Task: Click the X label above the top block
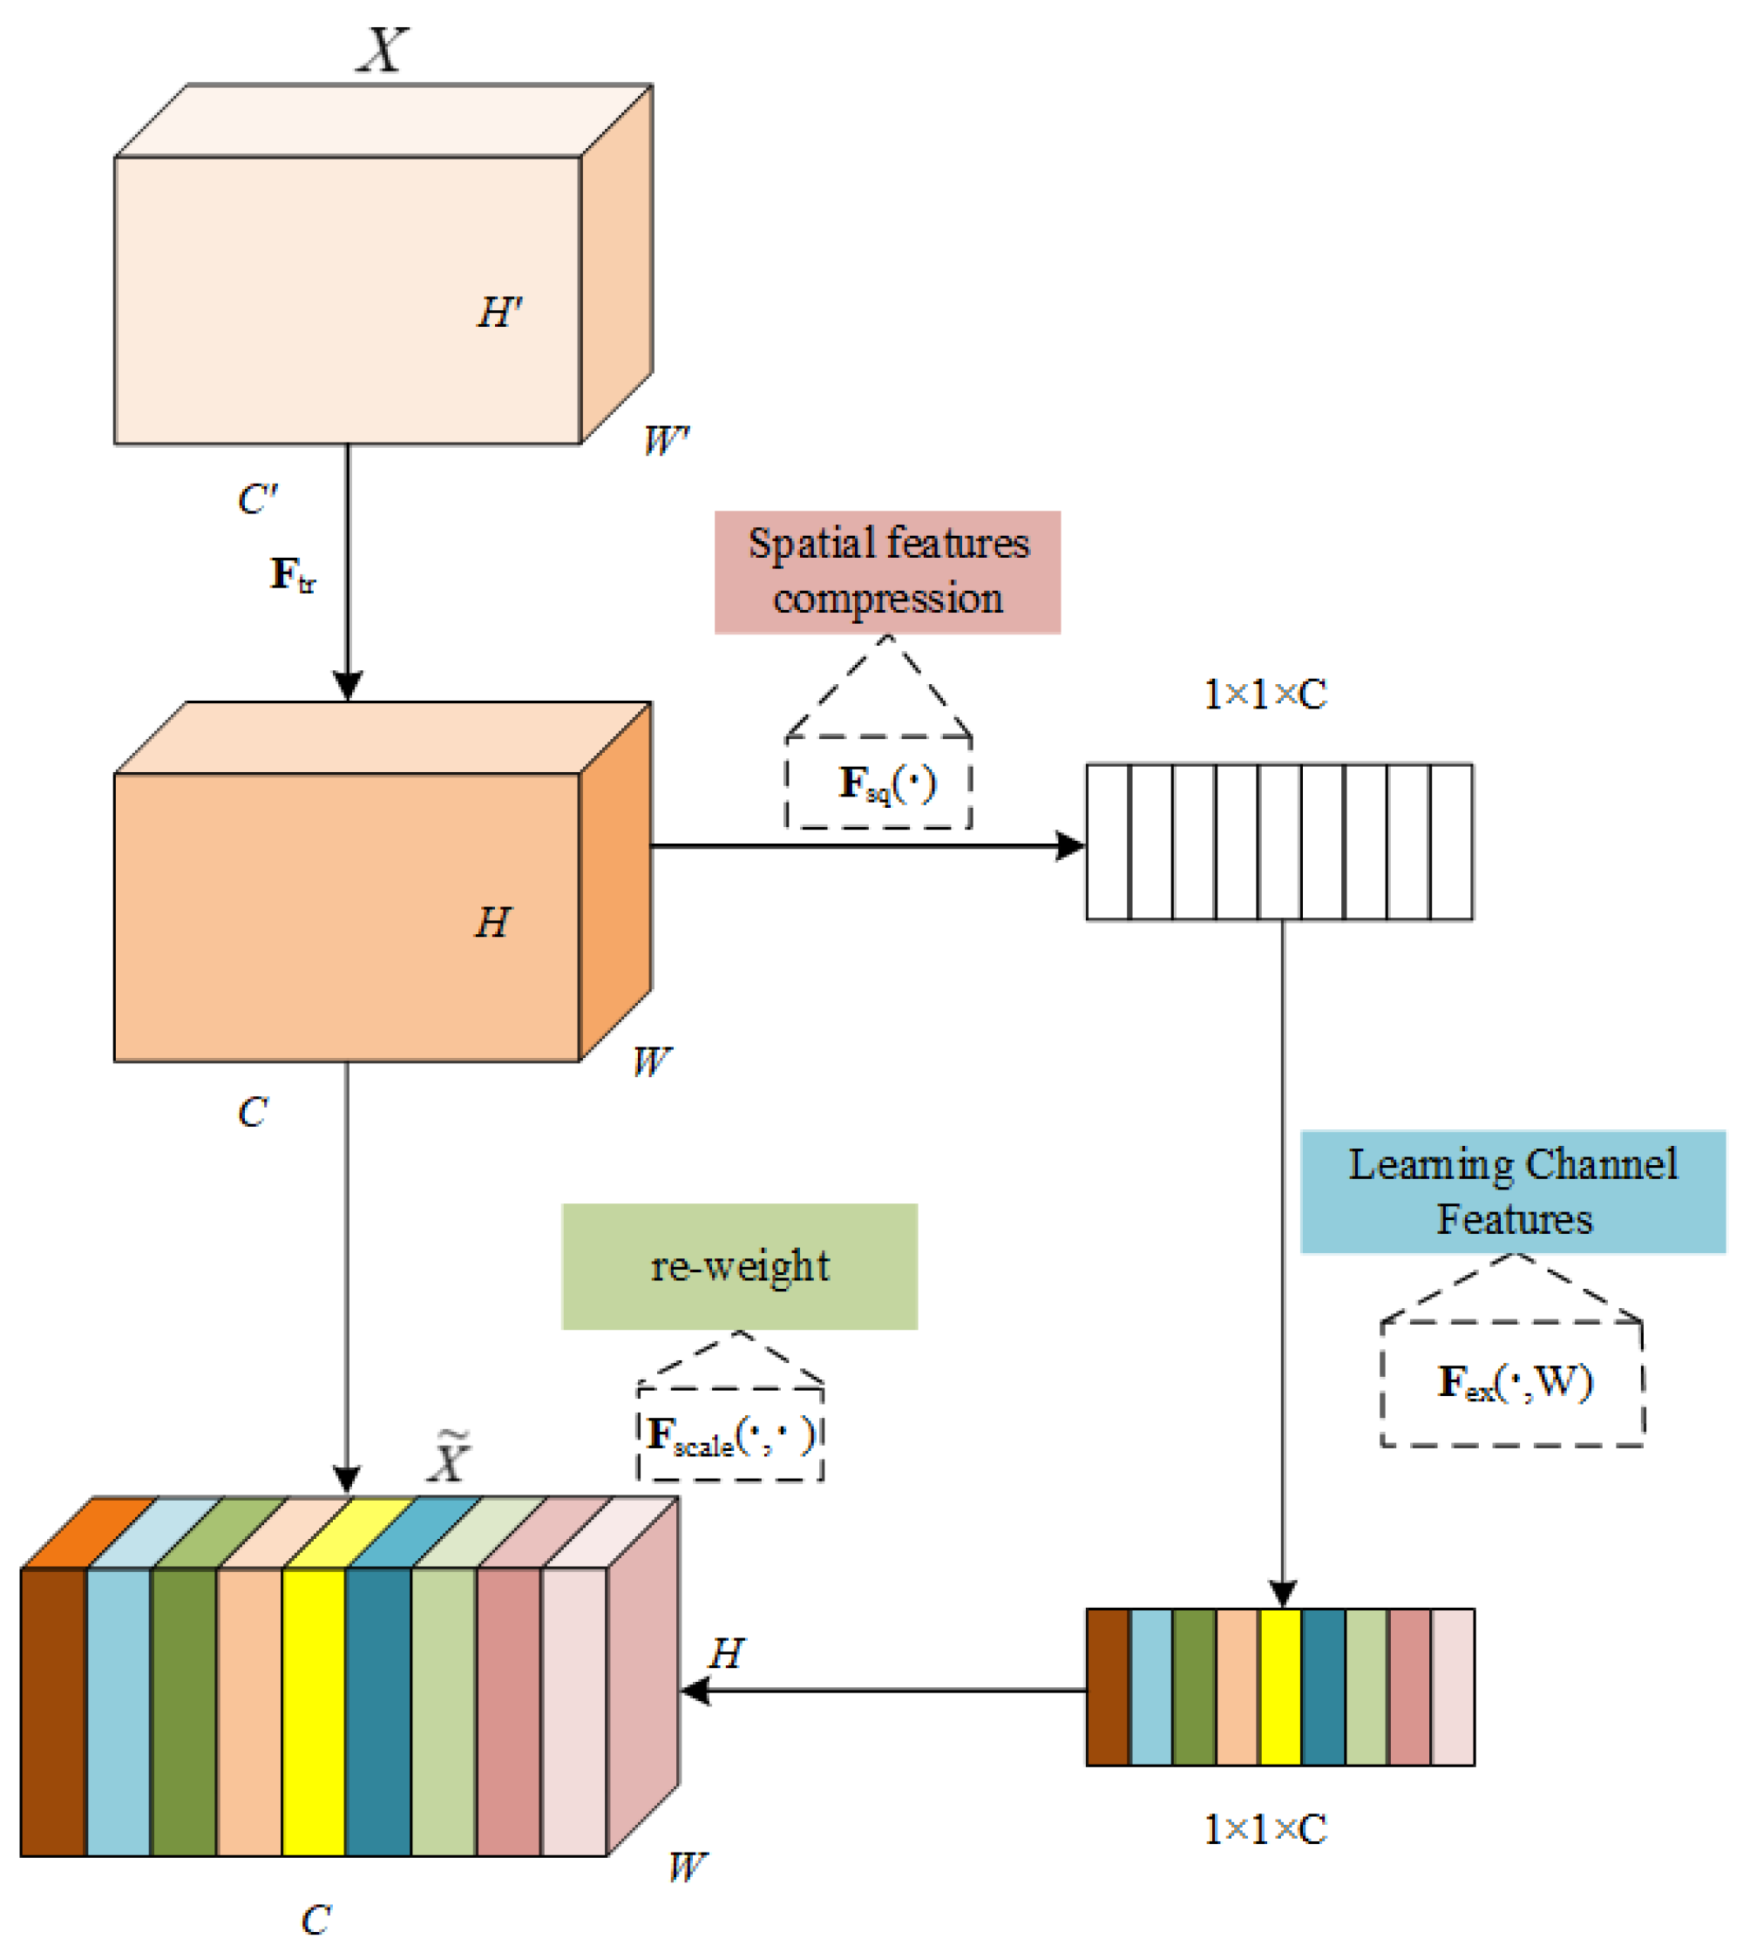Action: pyautogui.click(x=383, y=50)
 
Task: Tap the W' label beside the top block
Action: pyautogui.click(x=666, y=441)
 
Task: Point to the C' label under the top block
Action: pyautogui.click(x=257, y=499)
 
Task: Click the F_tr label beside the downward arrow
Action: pyautogui.click(x=292, y=575)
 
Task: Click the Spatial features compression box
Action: pyautogui.click(x=886, y=573)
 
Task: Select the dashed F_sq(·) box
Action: pyautogui.click(x=878, y=783)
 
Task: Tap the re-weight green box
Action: pyautogui.click(x=739, y=1266)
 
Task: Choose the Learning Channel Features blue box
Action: pyautogui.click(x=1512, y=1191)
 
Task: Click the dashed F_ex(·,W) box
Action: pyautogui.click(x=1512, y=1383)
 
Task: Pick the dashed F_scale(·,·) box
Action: pyautogui.click(x=730, y=1434)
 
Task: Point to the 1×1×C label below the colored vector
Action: pyautogui.click(x=1265, y=1830)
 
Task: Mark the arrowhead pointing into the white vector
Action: pyautogui.click(x=1071, y=846)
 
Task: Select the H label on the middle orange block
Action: pyautogui.click(x=492, y=923)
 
